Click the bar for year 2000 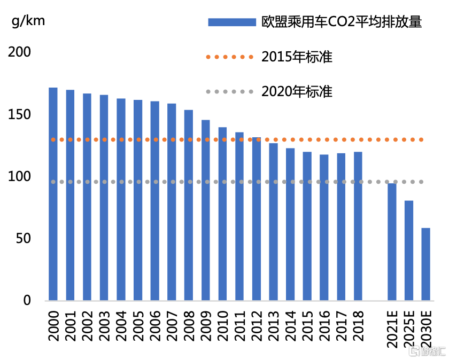pos(53,194)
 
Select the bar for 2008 pos(189,205)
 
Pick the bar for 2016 pos(324,228)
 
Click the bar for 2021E pos(392,241)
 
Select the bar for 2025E pos(409,251)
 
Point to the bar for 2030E pos(425,264)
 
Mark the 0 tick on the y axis pos(27,300)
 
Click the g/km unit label pos(28,21)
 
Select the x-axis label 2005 pos(138,327)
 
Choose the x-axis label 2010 pos(222,327)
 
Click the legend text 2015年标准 pos(297,57)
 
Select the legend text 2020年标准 pos(297,91)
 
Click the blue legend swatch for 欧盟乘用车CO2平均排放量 pos(231,22)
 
